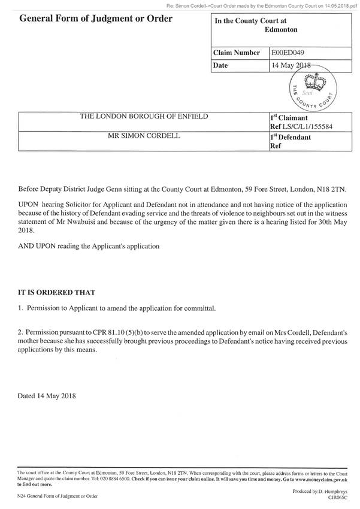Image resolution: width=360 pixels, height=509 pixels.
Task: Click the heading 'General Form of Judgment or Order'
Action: pos(96,19)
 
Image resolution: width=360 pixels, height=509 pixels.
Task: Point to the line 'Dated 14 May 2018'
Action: pos(47,396)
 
